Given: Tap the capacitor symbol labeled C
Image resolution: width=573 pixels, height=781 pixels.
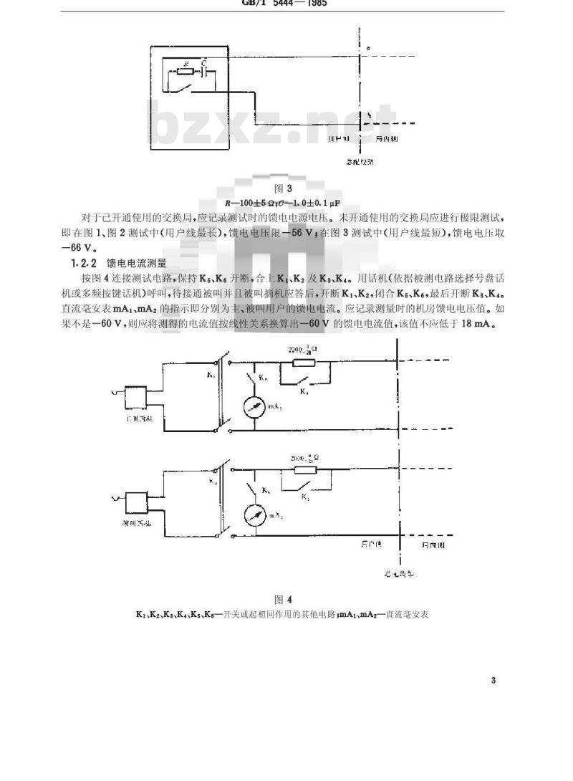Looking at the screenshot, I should click(206, 72).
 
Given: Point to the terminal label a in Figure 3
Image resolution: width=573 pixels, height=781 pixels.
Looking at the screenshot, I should click(368, 48).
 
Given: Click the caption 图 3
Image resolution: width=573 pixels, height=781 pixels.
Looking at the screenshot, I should click(286, 189).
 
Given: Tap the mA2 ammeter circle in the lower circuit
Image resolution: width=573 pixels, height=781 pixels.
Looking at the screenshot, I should click(254, 515).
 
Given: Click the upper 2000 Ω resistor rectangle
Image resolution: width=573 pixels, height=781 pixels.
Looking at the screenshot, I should click(299, 363).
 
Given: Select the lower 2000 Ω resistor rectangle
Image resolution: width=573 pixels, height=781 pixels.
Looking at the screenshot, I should click(299, 471).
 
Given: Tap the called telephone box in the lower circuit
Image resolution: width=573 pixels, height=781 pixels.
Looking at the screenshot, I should click(136, 504).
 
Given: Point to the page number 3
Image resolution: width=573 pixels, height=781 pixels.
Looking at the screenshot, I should click(493, 681).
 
